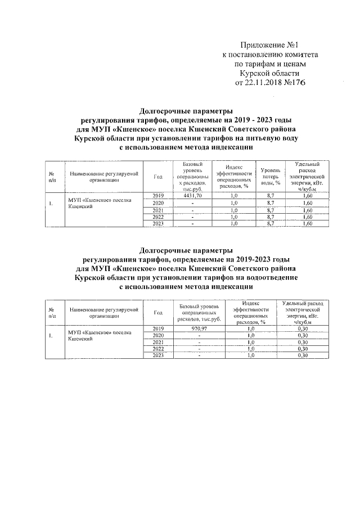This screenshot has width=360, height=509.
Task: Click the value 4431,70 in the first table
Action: coord(192,195)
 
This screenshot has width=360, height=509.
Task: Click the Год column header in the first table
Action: coord(158,177)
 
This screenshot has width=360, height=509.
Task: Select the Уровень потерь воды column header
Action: coord(270,177)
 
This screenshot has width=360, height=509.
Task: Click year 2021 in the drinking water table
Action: coord(158,210)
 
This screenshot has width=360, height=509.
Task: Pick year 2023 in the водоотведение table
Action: coord(158,355)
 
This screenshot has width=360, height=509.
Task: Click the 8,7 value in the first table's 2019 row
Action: coord(270,195)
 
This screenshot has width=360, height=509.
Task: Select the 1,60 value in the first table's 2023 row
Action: coord(307,224)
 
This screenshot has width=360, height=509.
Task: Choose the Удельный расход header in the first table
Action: coord(307,177)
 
